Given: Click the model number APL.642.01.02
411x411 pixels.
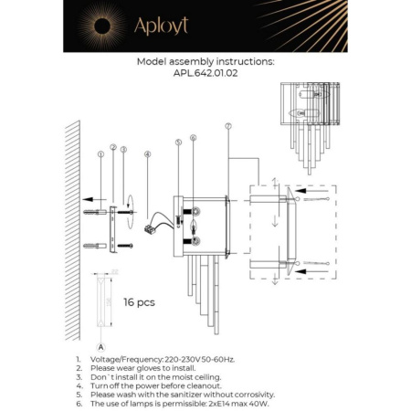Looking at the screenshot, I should (x=205, y=75).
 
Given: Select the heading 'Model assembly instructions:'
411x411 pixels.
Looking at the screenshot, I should (x=205, y=63).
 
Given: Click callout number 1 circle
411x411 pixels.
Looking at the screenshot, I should (x=100, y=156).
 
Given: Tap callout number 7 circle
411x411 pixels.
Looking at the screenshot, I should (x=227, y=126).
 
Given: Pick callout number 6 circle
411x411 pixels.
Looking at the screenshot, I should (x=193, y=138).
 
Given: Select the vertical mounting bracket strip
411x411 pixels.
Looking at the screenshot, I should (x=113, y=226).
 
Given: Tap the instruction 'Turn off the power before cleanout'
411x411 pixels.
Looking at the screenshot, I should (x=155, y=383).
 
